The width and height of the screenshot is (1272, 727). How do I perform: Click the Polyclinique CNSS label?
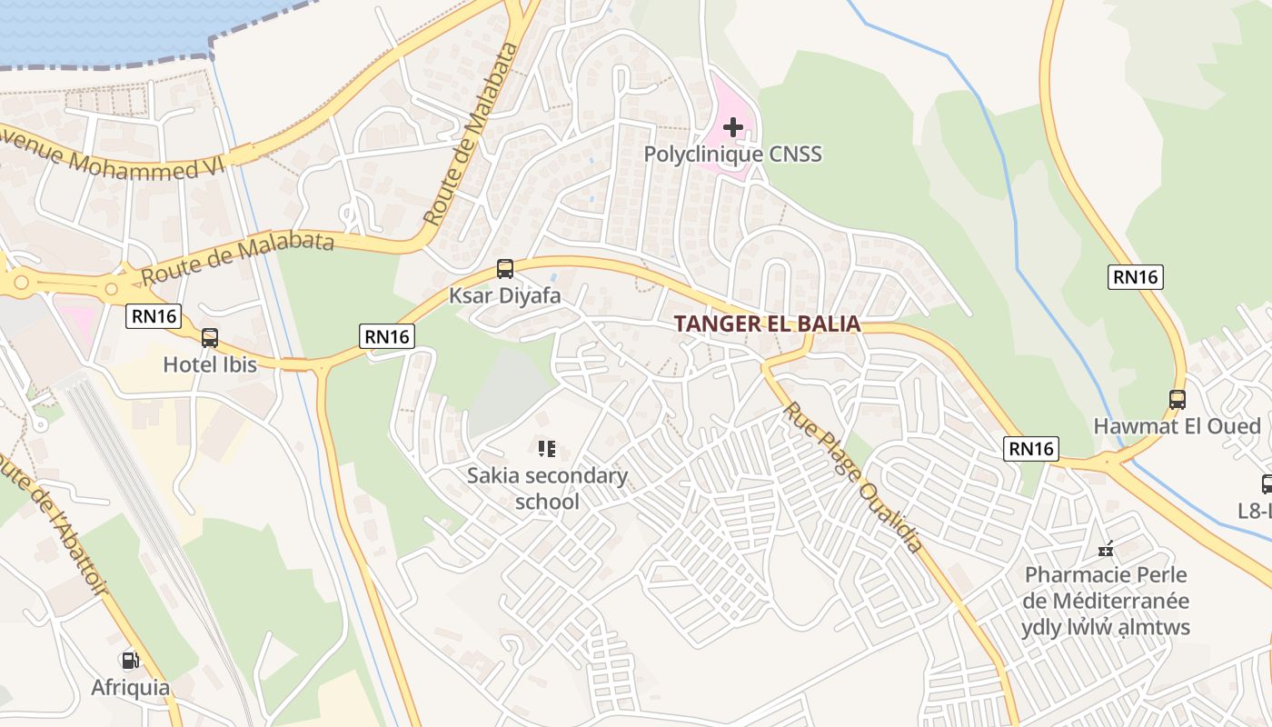coord(732,154)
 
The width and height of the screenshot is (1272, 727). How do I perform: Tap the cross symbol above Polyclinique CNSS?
coord(732,127)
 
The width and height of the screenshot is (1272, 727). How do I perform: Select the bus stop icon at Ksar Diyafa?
coord(505,269)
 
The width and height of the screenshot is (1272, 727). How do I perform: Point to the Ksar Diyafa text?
coord(505,296)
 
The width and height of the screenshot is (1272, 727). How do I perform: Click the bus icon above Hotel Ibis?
coord(210,338)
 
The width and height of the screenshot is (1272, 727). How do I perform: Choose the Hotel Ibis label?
coord(210,364)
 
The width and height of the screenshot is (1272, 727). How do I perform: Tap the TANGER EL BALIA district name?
coord(767,324)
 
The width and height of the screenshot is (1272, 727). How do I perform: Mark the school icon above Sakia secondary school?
coord(546,448)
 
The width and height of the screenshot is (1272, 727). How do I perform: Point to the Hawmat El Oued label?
coord(1177,426)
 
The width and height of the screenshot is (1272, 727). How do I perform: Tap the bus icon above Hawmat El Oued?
coord(1178,399)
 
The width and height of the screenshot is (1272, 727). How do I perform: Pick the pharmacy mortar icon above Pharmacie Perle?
coord(1106,548)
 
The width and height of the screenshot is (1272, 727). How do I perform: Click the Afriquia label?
coord(130,688)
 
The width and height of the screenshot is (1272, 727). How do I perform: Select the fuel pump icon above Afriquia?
coord(130,661)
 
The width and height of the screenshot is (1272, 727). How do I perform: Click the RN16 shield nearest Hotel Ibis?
coord(154,316)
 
